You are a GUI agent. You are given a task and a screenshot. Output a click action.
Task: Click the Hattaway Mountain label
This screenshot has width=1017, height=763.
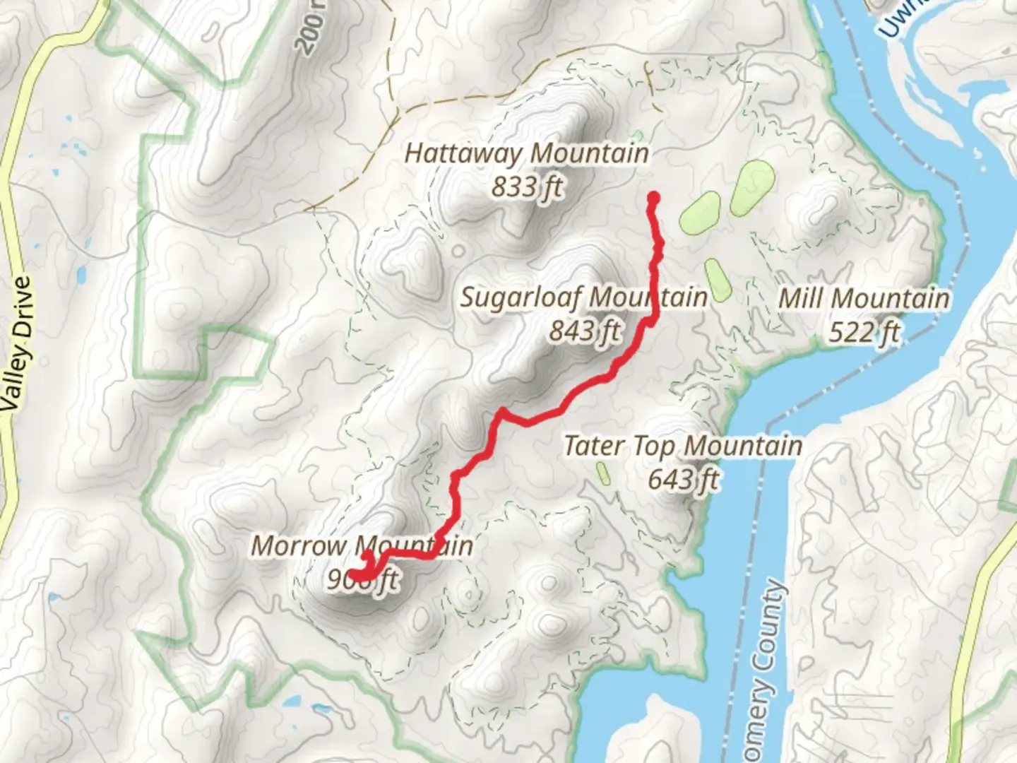[526, 153]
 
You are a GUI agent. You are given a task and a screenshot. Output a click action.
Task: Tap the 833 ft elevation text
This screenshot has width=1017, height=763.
[528, 187]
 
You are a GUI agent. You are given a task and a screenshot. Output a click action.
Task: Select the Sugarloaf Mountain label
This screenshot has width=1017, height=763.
[583, 297]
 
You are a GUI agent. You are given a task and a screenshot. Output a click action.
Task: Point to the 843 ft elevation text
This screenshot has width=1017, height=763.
[585, 330]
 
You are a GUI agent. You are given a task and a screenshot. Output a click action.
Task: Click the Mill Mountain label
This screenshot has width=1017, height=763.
[863, 298]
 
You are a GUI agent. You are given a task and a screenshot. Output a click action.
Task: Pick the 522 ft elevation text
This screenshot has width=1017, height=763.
[864, 331]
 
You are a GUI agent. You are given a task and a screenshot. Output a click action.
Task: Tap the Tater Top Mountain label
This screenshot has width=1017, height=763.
[682, 446]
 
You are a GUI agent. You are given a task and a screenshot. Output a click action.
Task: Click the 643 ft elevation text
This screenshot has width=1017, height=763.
[683, 480]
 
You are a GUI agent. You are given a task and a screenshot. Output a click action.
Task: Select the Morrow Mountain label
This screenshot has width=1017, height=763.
[362, 546]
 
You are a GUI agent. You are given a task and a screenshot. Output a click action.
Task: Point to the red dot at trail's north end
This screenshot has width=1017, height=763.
[653, 198]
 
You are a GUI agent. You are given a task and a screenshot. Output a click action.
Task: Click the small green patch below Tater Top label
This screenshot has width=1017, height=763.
[603, 473]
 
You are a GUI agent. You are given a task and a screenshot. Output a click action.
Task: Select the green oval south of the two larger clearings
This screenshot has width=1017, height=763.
[716, 279]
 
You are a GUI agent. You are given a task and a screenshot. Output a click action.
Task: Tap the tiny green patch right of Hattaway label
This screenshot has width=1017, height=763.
[638, 134]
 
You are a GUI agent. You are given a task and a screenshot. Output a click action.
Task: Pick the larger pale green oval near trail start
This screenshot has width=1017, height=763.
[753, 187]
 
